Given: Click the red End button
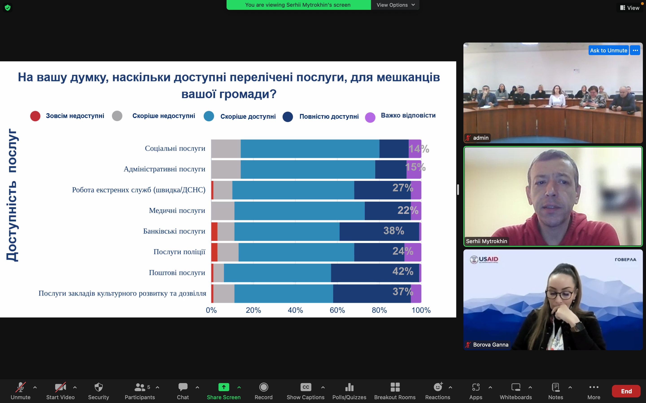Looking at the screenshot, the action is coord(626,391).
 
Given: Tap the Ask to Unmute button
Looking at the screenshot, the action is coord(608,50).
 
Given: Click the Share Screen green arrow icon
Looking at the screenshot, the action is coord(224,387).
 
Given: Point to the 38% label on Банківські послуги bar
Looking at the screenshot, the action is coord(394,231).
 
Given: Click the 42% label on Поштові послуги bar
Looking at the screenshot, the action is coord(403,271).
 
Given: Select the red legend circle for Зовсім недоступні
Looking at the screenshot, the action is coord(35,116).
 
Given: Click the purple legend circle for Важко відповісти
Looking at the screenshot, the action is coord(370,117).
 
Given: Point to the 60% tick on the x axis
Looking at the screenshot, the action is coord(337,310).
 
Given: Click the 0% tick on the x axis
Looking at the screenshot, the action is coord(211,310).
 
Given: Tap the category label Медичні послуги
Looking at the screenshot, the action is coord(177,210).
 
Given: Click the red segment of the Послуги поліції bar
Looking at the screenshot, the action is coord(214,252).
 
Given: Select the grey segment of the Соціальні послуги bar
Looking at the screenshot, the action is coord(226,149).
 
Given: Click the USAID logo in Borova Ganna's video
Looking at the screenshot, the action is coord(484,259).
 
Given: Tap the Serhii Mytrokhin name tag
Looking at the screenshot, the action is coord(486,241).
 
